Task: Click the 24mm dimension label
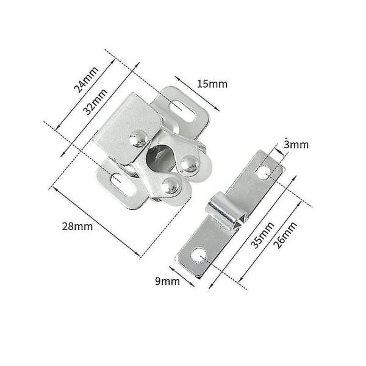coord(86,80)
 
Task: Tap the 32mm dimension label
coord(96,101)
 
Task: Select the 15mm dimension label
coord(212,84)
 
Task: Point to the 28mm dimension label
coord(77,226)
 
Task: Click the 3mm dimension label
coord(296,145)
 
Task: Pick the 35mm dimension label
coord(262,235)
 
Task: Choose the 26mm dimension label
coord(285,235)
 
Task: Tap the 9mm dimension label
coord(167,281)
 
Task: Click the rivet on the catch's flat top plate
coord(138,138)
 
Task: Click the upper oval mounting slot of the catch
coord(182,111)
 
